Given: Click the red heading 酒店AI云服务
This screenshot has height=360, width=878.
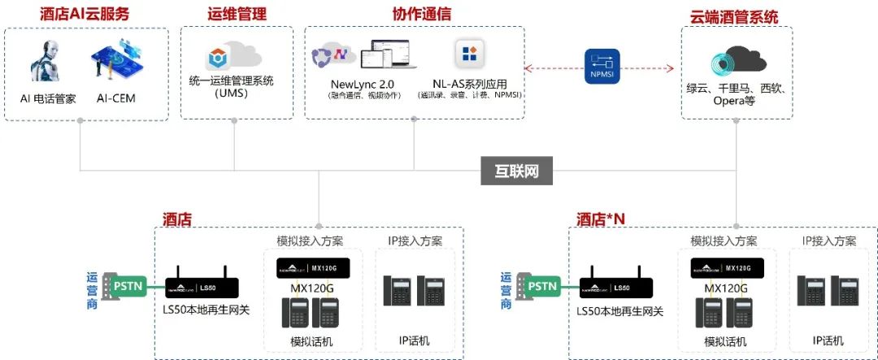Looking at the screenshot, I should (x=85, y=14).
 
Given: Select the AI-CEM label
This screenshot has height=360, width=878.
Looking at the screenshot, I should (x=116, y=99).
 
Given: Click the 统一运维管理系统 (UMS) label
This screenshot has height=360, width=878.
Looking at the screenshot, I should (x=232, y=86).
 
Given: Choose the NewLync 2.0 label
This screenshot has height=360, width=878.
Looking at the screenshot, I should (x=363, y=83).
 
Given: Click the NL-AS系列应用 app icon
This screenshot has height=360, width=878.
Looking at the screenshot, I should (x=469, y=54).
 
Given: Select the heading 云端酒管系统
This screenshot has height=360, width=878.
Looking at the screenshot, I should (x=735, y=17).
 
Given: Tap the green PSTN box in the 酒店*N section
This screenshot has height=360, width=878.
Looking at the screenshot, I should (x=543, y=286).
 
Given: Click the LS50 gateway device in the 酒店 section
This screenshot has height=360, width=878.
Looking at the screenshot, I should (x=202, y=286).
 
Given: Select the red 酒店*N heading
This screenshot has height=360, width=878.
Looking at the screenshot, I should (x=601, y=218).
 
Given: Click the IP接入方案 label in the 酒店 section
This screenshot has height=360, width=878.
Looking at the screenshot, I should (x=415, y=241).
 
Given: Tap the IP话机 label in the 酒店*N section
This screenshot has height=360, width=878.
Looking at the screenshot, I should (x=828, y=340).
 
